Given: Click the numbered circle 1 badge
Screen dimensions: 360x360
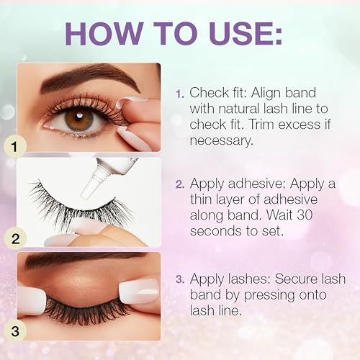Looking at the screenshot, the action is tap(14, 146).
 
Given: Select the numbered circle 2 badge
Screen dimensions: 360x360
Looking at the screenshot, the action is tap(15, 239).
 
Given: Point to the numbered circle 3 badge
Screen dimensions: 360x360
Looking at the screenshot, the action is tap(15, 331).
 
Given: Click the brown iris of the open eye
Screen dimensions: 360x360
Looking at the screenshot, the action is tap(79, 118).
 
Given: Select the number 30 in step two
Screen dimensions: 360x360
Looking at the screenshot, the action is tap(304, 215).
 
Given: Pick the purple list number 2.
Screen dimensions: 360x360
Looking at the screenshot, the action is tap(180, 184).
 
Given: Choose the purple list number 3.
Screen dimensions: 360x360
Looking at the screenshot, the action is tap(180, 279).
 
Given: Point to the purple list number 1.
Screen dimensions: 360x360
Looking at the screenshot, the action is tap(180, 94).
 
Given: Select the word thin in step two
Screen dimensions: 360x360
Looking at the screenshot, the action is tap(201, 199).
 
